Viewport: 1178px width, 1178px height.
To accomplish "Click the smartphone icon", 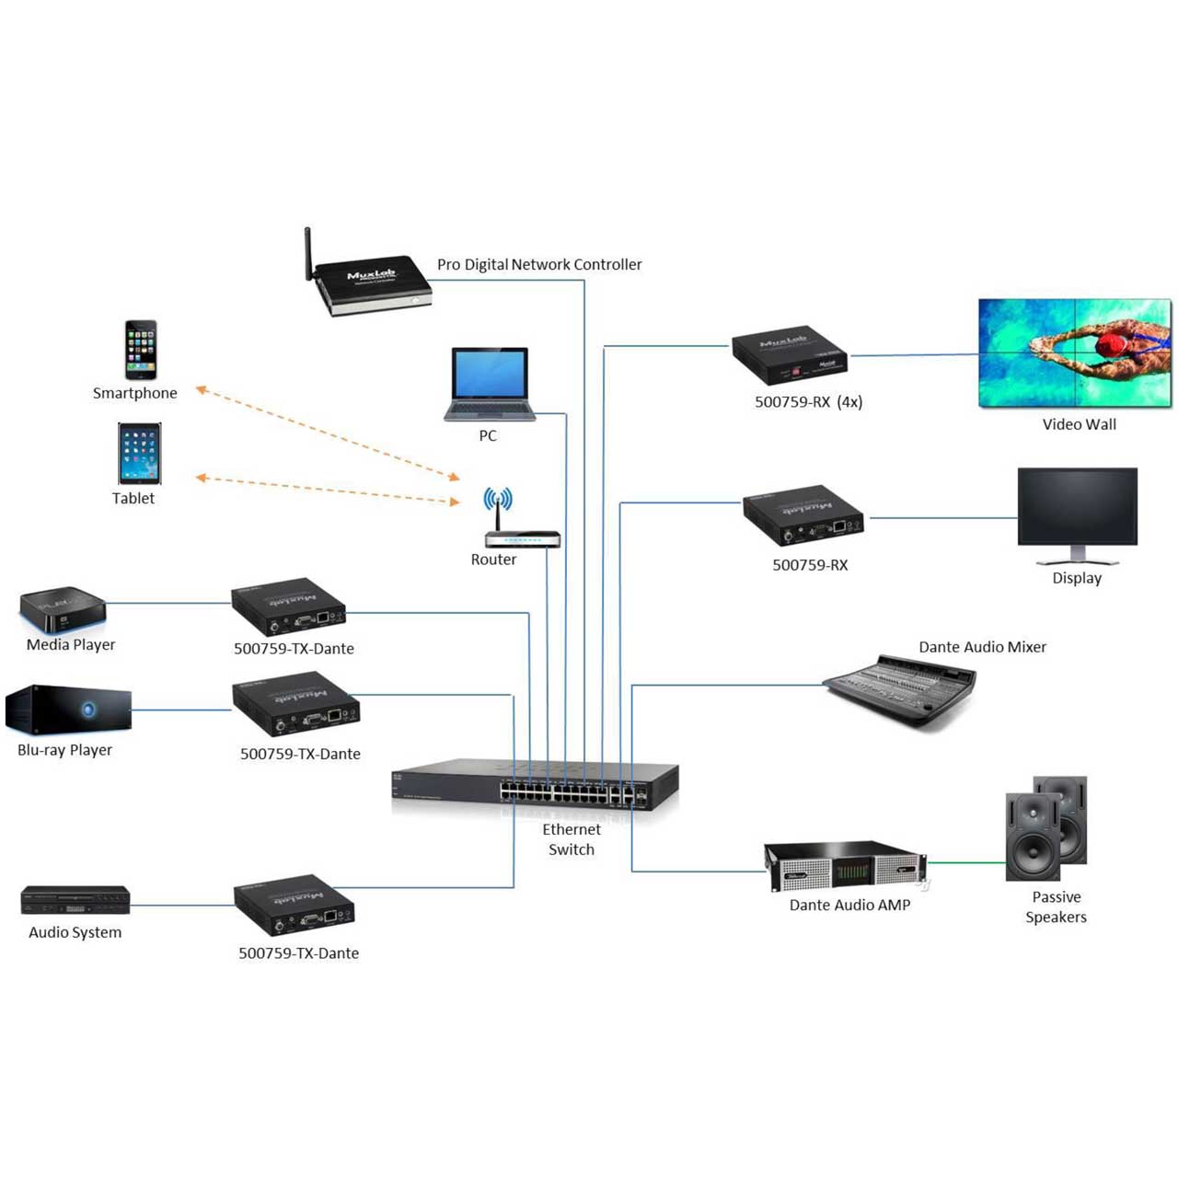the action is (x=141, y=349).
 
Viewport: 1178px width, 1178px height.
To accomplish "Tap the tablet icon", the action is (x=139, y=453).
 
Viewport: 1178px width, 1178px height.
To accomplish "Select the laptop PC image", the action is (x=489, y=384).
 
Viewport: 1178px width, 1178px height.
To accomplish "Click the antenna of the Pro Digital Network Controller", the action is (x=308, y=254).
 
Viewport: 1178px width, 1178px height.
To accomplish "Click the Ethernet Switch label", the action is (x=571, y=838).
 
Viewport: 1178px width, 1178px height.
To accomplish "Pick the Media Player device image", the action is (x=63, y=609).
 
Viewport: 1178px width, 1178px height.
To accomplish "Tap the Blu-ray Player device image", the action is (x=68, y=708).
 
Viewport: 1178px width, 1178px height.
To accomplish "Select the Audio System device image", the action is (x=75, y=899).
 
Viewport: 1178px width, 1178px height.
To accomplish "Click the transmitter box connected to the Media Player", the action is (x=289, y=606).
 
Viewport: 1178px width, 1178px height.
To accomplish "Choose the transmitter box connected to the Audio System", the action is (x=294, y=904).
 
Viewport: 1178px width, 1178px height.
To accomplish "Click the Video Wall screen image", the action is (x=1075, y=352).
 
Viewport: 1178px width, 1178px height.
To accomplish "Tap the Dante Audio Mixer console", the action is (x=898, y=689).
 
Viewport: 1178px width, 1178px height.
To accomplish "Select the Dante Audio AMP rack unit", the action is (x=846, y=866).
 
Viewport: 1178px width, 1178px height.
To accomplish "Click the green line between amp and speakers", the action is (x=966, y=862).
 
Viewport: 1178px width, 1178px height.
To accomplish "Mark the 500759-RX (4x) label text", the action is (x=808, y=401).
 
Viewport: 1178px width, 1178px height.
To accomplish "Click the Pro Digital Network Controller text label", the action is (x=539, y=264).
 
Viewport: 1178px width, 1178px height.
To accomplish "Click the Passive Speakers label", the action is (x=1056, y=907).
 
